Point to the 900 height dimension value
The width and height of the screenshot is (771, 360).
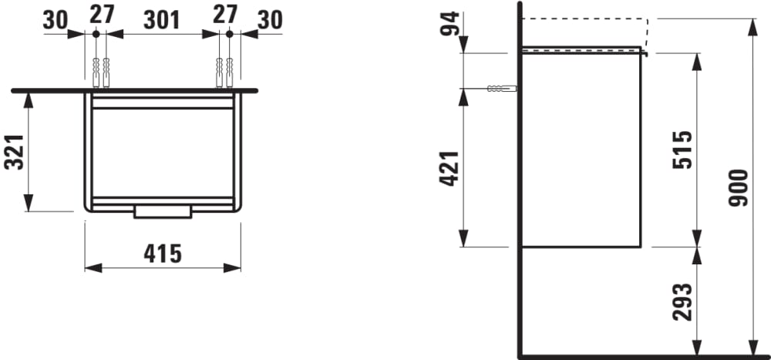[738, 187]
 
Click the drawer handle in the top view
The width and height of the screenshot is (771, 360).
[162, 211]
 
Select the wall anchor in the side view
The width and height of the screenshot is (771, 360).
[501, 88]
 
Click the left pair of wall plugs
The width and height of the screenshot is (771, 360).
[99, 73]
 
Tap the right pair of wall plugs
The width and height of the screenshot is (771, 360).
[224, 73]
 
